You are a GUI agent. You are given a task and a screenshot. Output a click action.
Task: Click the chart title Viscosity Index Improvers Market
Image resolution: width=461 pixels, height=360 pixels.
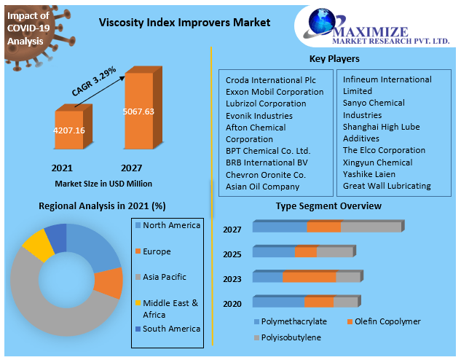[x=184, y=23]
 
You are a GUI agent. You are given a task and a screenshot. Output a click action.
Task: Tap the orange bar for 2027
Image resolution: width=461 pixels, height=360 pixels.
[x=139, y=112]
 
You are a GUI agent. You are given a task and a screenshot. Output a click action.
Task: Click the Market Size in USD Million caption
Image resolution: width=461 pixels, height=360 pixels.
[x=103, y=184]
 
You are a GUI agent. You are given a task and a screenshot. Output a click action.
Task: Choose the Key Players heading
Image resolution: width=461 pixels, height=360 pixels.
[x=334, y=58]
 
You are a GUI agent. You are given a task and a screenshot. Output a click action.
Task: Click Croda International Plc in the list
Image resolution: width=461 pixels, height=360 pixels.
[x=269, y=80]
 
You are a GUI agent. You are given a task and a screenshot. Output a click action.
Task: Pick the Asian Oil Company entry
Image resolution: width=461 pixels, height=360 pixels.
[x=262, y=187]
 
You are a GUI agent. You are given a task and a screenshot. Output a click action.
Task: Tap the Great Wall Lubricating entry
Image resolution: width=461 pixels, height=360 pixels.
[x=387, y=186]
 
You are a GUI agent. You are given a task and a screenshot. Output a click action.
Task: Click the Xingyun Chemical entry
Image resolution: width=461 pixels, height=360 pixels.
[x=377, y=163]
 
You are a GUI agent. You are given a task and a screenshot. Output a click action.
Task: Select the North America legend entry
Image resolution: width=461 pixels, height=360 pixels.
[x=171, y=225]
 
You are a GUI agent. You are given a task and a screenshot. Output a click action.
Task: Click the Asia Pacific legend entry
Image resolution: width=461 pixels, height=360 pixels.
[x=165, y=277]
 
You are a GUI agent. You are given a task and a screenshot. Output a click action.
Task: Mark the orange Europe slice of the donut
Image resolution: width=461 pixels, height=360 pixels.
[x=110, y=283]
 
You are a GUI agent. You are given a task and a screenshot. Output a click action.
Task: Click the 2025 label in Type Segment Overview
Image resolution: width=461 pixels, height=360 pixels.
[x=232, y=254]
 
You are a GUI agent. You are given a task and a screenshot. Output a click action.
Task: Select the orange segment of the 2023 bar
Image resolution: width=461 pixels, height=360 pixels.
[x=309, y=277]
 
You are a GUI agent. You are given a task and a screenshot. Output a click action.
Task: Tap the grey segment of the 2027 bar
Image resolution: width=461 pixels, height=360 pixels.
[x=370, y=227]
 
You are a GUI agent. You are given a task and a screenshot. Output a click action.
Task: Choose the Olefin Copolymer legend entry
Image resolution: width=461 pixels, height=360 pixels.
[x=387, y=321]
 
